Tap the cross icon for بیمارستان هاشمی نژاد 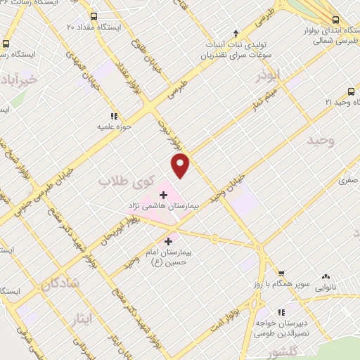coord(164,194)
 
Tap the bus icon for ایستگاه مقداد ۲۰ coord(94,15)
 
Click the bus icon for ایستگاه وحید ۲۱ coord(351,91)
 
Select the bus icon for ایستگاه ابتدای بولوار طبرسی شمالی coord(335,20)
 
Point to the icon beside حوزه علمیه coord(112,116)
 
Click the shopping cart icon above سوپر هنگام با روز coord(281,274)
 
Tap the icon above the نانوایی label coord(326,277)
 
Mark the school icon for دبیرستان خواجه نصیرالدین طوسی coord(281,312)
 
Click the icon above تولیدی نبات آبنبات coord(236,33)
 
